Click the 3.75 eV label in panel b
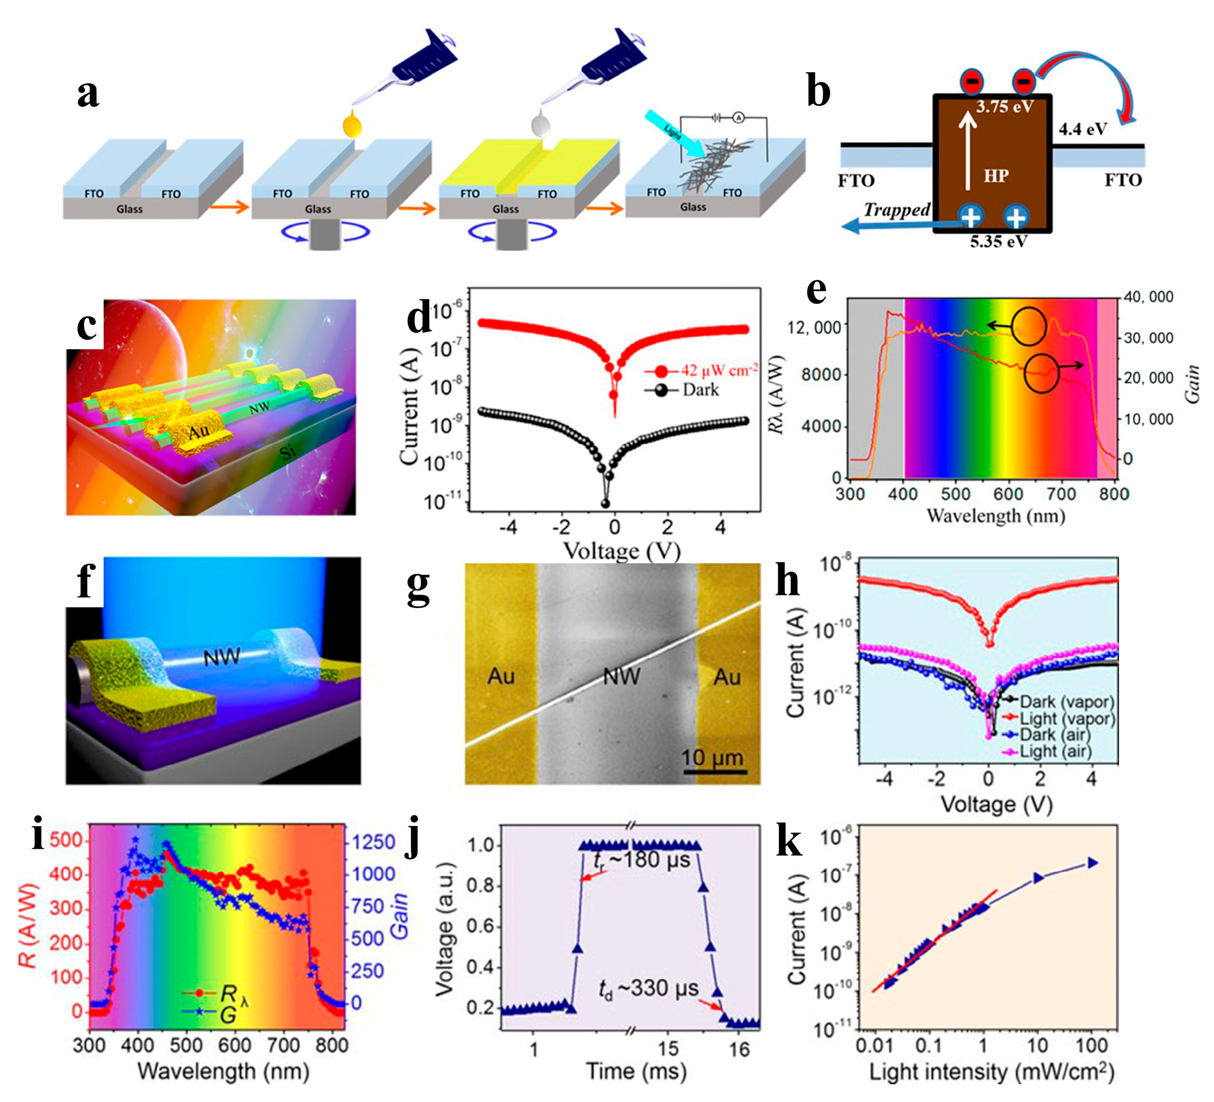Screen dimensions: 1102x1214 [x=1005, y=107]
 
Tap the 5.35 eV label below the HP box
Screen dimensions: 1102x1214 [x=998, y=242]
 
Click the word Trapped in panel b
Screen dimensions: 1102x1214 [x=897, y=209]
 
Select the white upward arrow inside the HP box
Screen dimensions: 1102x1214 [x=967, y=148]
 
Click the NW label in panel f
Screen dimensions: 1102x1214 [x=222, y=657]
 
